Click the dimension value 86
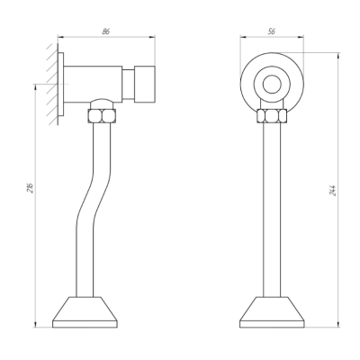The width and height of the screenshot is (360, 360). point(106,31)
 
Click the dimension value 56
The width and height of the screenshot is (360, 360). point(272,31)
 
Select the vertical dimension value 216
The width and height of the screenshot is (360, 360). point(31,187)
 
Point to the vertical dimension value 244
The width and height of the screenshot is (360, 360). point(333,191)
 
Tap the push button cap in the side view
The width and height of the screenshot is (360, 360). point(144,84)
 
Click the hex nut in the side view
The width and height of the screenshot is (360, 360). point(102,116)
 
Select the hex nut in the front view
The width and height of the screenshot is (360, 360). point(272,116)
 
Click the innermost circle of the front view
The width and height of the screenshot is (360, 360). point(272,84)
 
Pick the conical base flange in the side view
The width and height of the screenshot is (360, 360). point(85,312)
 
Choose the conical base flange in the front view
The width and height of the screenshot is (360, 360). point(272,312)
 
